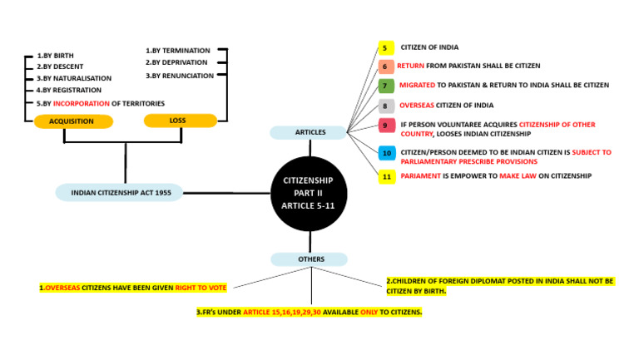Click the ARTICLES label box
[310, 132]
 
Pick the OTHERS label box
[310, 259]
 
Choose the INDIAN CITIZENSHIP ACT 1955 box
[120, 193]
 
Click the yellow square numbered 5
[386, 47]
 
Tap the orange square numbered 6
[386, 67]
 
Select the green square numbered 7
[386, 86]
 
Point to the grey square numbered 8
[386, 106]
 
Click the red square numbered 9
[386, 125]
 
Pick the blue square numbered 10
[386, 153]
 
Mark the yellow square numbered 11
[386, 176]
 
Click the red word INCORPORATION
[79, 103]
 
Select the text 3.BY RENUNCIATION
[181, 76]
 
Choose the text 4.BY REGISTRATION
[68, 90]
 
